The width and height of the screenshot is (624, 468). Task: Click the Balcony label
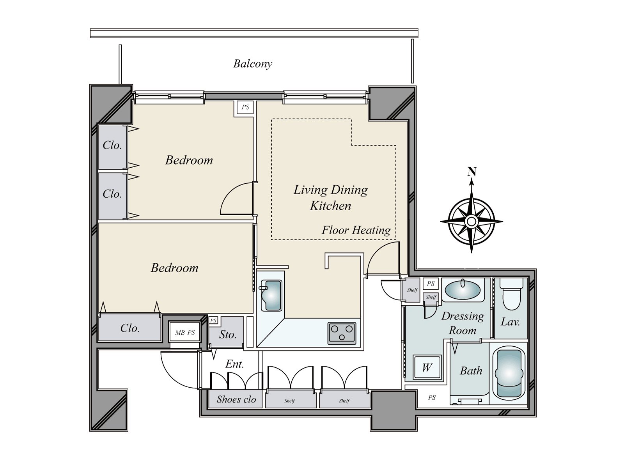pyautogui.click(x=253, y=64)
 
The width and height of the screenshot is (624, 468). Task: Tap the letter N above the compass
pyautogui.click(x=472, y=171)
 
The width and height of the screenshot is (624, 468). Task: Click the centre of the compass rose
pyautogui.click(x=472, y=221)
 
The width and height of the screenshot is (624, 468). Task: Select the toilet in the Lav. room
pyautogui.click(x=511, y=294)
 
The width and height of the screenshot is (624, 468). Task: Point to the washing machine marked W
pyautogui.click(x=427, y=367)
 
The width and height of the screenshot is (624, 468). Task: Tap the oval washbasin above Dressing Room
pyautogui.click(x=463, y=290)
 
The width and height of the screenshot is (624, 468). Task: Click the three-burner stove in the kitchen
pyautogui.click(x=342, y=333)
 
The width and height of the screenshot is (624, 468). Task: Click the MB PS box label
pyautogui.click(x=185, y=332)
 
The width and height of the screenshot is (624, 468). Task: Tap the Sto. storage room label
pyautogui.click(x=228, y=335)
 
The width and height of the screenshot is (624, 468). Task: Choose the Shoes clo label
pyautogui.click(x=236, y=399)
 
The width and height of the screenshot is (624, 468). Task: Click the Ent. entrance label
pyautogui.click(x=234, y=364)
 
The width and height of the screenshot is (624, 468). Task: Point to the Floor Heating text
pyautogui.click(x=356, y=230)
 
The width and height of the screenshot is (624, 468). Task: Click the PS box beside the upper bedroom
pyautogui.click(x=245, y=107)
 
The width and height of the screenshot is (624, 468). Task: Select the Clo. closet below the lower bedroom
pyautogui.click(x=129, y=328)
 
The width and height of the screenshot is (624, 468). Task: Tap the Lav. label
pyautogui.click(x=510, y=322)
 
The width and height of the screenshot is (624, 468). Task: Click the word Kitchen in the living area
pyautogui.click(x=330, y=206)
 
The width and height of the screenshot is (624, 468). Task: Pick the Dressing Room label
pyautogui.click(x=463, y=323)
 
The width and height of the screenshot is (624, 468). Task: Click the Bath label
pyautogui.click(x=471, y=371)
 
